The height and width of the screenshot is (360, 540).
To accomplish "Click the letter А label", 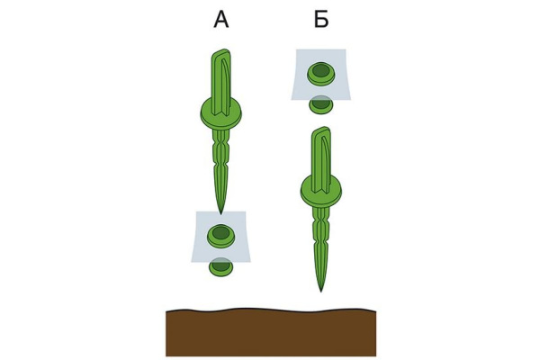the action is point(221,19).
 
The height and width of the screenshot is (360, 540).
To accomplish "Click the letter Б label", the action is point(321,19).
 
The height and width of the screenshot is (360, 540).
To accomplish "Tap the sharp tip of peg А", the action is point(221,214).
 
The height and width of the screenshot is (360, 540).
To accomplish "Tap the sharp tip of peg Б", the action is point(321,292).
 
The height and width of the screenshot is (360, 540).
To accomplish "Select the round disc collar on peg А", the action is point(221,114).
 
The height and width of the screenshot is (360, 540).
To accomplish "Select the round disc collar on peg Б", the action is point(321,191).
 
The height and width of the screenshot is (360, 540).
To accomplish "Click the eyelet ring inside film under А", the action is point(220,236).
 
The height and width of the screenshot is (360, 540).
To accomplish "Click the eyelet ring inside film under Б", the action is point(321,74).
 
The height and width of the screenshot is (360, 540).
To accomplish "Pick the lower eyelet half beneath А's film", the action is point(220,267).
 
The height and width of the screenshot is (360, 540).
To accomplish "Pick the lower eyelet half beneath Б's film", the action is point(321,104).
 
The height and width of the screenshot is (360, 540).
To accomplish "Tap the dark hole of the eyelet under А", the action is point(220,233).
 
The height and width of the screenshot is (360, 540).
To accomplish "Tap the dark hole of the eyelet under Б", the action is point(321,70).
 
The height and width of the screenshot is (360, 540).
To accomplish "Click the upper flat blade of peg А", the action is point(220,83).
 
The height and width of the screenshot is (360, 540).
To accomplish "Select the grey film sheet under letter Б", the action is point(321,75).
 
